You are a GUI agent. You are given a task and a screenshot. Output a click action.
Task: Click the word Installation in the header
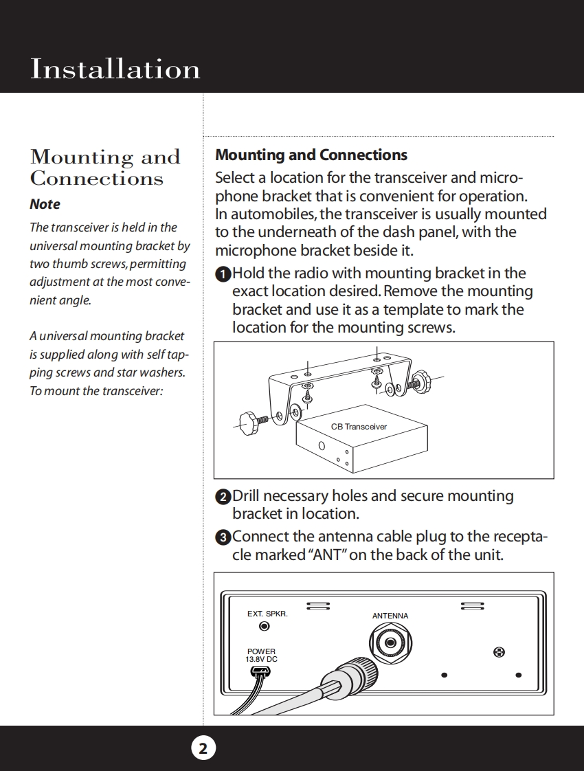click(x=115, y=69)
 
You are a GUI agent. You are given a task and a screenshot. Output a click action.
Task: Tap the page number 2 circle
click(x=203, y=748)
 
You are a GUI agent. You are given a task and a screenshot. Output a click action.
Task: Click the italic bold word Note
click(x=45, y=204)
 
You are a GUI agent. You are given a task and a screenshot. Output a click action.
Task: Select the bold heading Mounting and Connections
click(x=311, y=155)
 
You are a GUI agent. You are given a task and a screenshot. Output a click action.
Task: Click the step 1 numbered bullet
click(x=223, y=274)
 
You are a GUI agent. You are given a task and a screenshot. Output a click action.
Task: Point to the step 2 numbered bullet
click(x=223, y=497)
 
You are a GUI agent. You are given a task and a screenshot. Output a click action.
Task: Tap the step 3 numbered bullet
click(x=223, y=537)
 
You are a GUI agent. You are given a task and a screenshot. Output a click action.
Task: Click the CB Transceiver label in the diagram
click(x=359, y=427)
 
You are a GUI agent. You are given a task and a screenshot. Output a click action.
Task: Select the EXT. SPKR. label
click(x=267, y=614)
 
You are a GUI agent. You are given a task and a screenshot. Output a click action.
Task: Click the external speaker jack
click(x=264, y=626)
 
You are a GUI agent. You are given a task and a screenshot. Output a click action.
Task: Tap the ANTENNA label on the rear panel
click(x=390, y=616)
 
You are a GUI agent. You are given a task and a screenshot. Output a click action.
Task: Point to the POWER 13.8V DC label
click(x=261, y=656)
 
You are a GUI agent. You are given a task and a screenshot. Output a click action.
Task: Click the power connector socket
click(x=261, y=671)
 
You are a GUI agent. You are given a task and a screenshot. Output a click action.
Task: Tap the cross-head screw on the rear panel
click(x=500, y=651)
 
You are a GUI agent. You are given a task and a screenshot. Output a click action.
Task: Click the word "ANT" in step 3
click(x=326, y=555)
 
